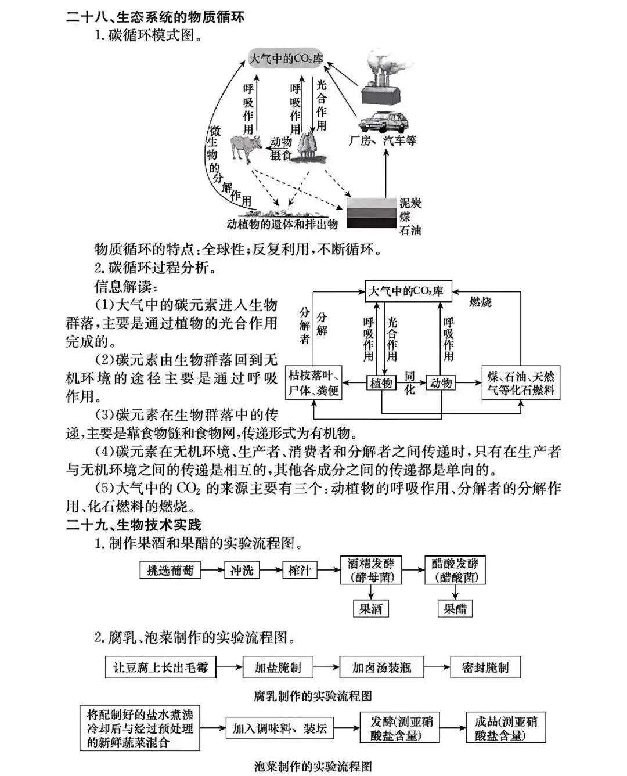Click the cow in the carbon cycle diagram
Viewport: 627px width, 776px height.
244,147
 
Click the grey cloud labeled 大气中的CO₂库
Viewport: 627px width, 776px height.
286,59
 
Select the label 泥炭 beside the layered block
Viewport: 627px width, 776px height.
410,203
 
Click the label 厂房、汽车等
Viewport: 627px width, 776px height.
383,140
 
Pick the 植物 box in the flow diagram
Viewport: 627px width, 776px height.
381,382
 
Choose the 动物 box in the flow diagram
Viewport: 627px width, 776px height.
441,382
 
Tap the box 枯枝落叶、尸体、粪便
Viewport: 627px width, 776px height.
313,382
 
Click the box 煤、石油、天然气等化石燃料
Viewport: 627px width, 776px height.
521,382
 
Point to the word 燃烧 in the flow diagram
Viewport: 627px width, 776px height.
480,302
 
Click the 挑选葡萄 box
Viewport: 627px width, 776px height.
170,570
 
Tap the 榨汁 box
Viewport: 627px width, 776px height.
300,570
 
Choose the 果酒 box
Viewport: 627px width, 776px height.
370,609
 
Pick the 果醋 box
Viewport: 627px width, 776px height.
455,609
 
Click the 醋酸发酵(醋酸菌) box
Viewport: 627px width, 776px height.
455,570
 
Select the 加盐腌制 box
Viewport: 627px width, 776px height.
278,667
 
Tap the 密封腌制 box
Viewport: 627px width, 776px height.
485,667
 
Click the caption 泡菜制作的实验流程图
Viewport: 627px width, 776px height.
313,766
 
